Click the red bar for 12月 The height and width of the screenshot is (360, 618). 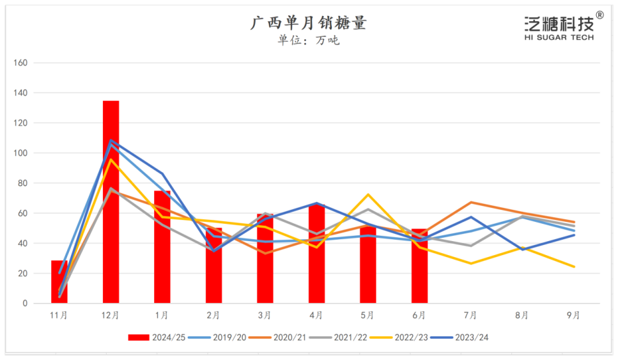pos(111,201)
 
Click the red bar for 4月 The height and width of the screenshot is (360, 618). pos(316,253)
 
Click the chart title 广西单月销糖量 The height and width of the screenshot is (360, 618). pos(308,24)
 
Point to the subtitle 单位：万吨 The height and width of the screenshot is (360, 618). pos(308,41)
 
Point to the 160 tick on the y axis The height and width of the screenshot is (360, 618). pos(21,63)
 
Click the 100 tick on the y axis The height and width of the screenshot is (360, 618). pos(21,153)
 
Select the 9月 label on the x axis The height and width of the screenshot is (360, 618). pos(573,315)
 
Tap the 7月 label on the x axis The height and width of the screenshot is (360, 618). pos(470,315)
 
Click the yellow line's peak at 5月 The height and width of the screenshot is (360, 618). pos(368,194)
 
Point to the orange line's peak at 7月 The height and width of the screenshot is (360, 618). pos(471,202)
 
